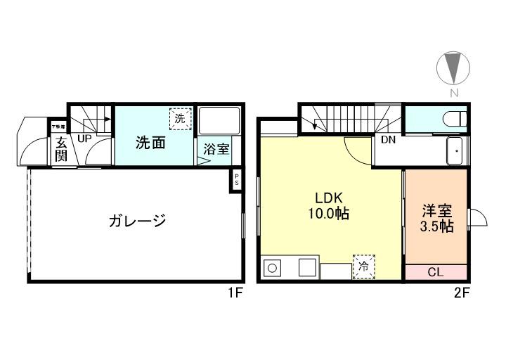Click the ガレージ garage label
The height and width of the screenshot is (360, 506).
137,221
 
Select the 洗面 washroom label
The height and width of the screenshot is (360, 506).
150,143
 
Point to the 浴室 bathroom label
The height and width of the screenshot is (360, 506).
216,149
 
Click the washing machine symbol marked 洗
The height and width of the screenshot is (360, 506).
180,119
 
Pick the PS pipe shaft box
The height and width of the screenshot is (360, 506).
237,179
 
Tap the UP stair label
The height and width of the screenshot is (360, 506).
84,139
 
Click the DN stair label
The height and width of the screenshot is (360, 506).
388,139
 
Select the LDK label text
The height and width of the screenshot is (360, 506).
328,198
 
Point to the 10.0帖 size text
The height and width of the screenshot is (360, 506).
328,214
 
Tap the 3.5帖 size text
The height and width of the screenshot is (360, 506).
436,227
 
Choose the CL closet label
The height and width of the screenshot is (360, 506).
436,272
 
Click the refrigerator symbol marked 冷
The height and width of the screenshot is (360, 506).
363,266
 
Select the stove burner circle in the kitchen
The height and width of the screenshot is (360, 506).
273,269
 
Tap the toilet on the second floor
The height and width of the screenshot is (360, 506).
455,117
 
